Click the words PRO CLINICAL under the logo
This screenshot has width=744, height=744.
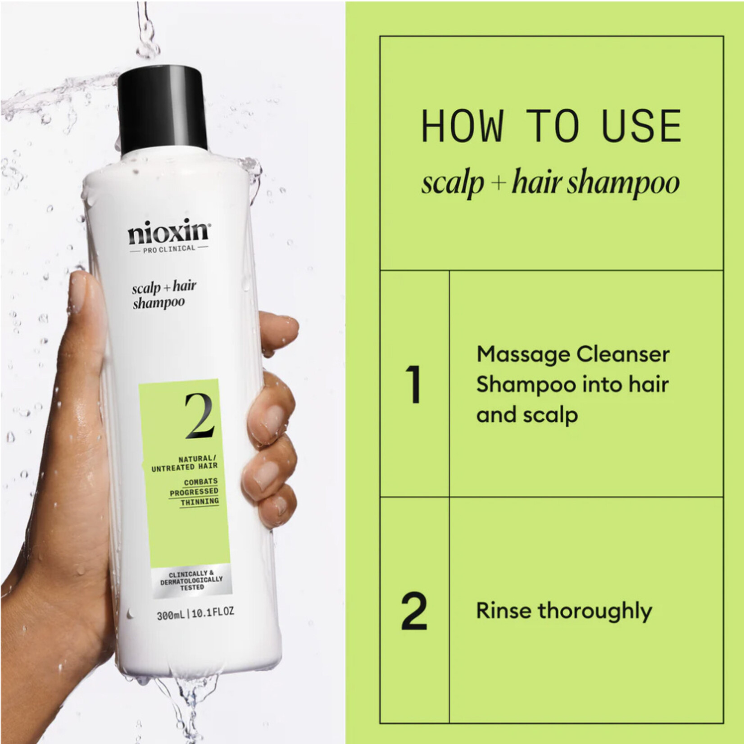tap(169, 249)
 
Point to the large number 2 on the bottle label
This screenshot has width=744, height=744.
tap(200, 416)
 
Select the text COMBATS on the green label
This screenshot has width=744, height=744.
tap(200, 482)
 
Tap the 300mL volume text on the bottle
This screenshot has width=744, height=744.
tap(171, 614)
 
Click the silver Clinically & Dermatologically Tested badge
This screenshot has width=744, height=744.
tap(191, 581)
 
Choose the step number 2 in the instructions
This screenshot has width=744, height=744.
tap(414, 611)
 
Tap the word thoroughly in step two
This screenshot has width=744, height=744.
tap(594, 612)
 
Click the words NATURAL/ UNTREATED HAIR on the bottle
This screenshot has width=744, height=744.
tap(185, 463)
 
